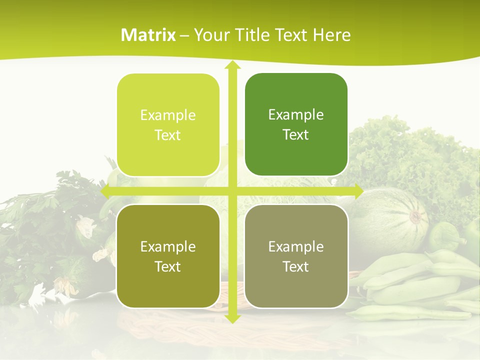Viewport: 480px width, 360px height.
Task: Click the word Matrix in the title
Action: (x=148, y=35)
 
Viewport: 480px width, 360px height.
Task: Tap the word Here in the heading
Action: (x=331, y=35)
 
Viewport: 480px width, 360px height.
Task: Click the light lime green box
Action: (x=168, y=125)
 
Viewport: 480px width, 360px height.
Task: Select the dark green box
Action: (x=296, y=124)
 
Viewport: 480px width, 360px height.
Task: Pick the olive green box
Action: (x=168, y=256)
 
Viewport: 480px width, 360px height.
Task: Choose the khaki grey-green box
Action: (x=296, y=256)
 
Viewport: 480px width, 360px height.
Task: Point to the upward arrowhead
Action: (x=232, y=65)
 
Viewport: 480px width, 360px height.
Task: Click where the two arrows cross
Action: (x=232, y=190)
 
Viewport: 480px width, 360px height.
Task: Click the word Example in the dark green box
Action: (x=296, y=115)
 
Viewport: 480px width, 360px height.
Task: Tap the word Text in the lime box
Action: (x=168, y=135)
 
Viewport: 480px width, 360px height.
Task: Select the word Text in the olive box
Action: (x=168, y=267)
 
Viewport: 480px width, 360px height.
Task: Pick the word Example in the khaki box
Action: (x=296, y=246)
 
